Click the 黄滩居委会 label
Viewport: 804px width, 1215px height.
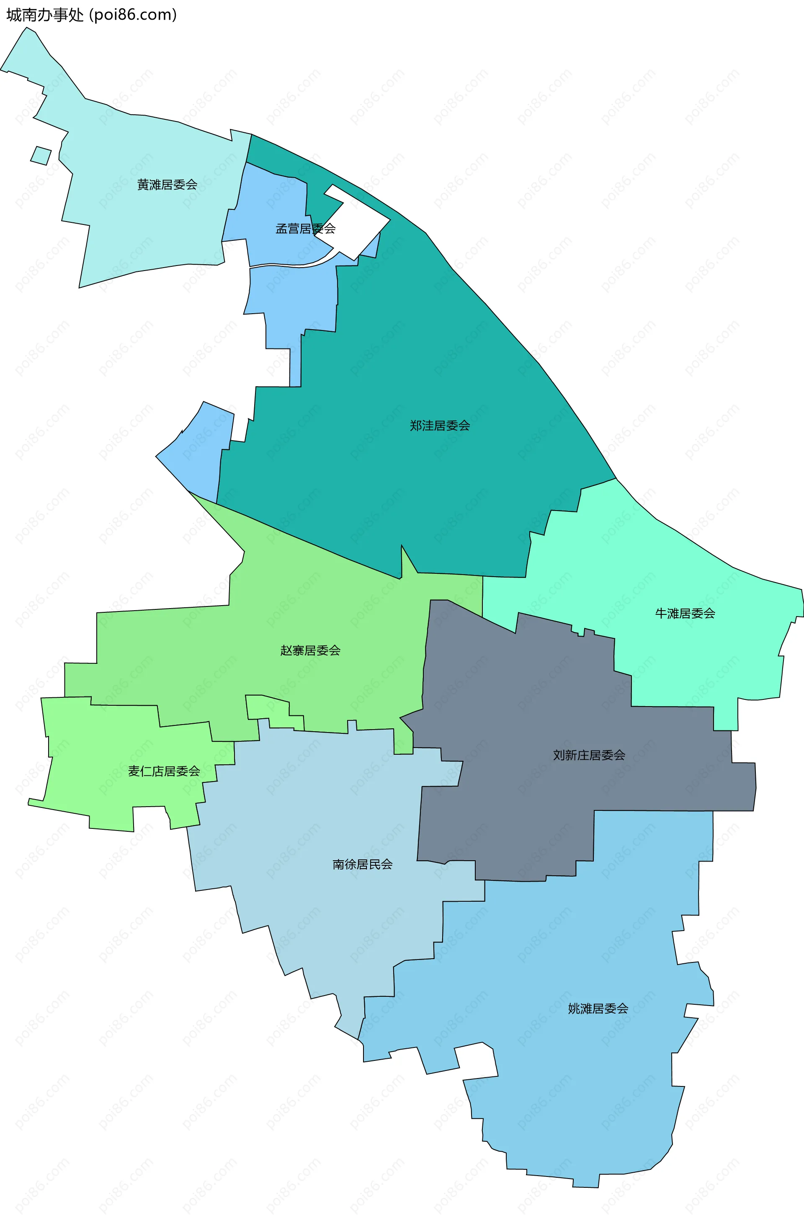click(167, 185)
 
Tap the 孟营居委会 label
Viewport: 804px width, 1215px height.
click(306, 229)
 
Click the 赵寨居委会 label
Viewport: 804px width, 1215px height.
click(310, 650)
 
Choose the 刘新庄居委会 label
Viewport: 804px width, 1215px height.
click(589, 755)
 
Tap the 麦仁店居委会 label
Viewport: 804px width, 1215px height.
click(164, 771)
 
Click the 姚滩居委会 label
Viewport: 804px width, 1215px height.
click(598, 1008)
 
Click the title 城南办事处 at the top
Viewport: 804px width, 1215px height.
click(45, 15)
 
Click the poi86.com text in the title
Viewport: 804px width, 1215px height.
click(133, 15)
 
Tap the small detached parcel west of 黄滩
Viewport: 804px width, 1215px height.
click(41, 155)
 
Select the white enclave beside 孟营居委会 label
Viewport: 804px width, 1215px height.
click(359, 221)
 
